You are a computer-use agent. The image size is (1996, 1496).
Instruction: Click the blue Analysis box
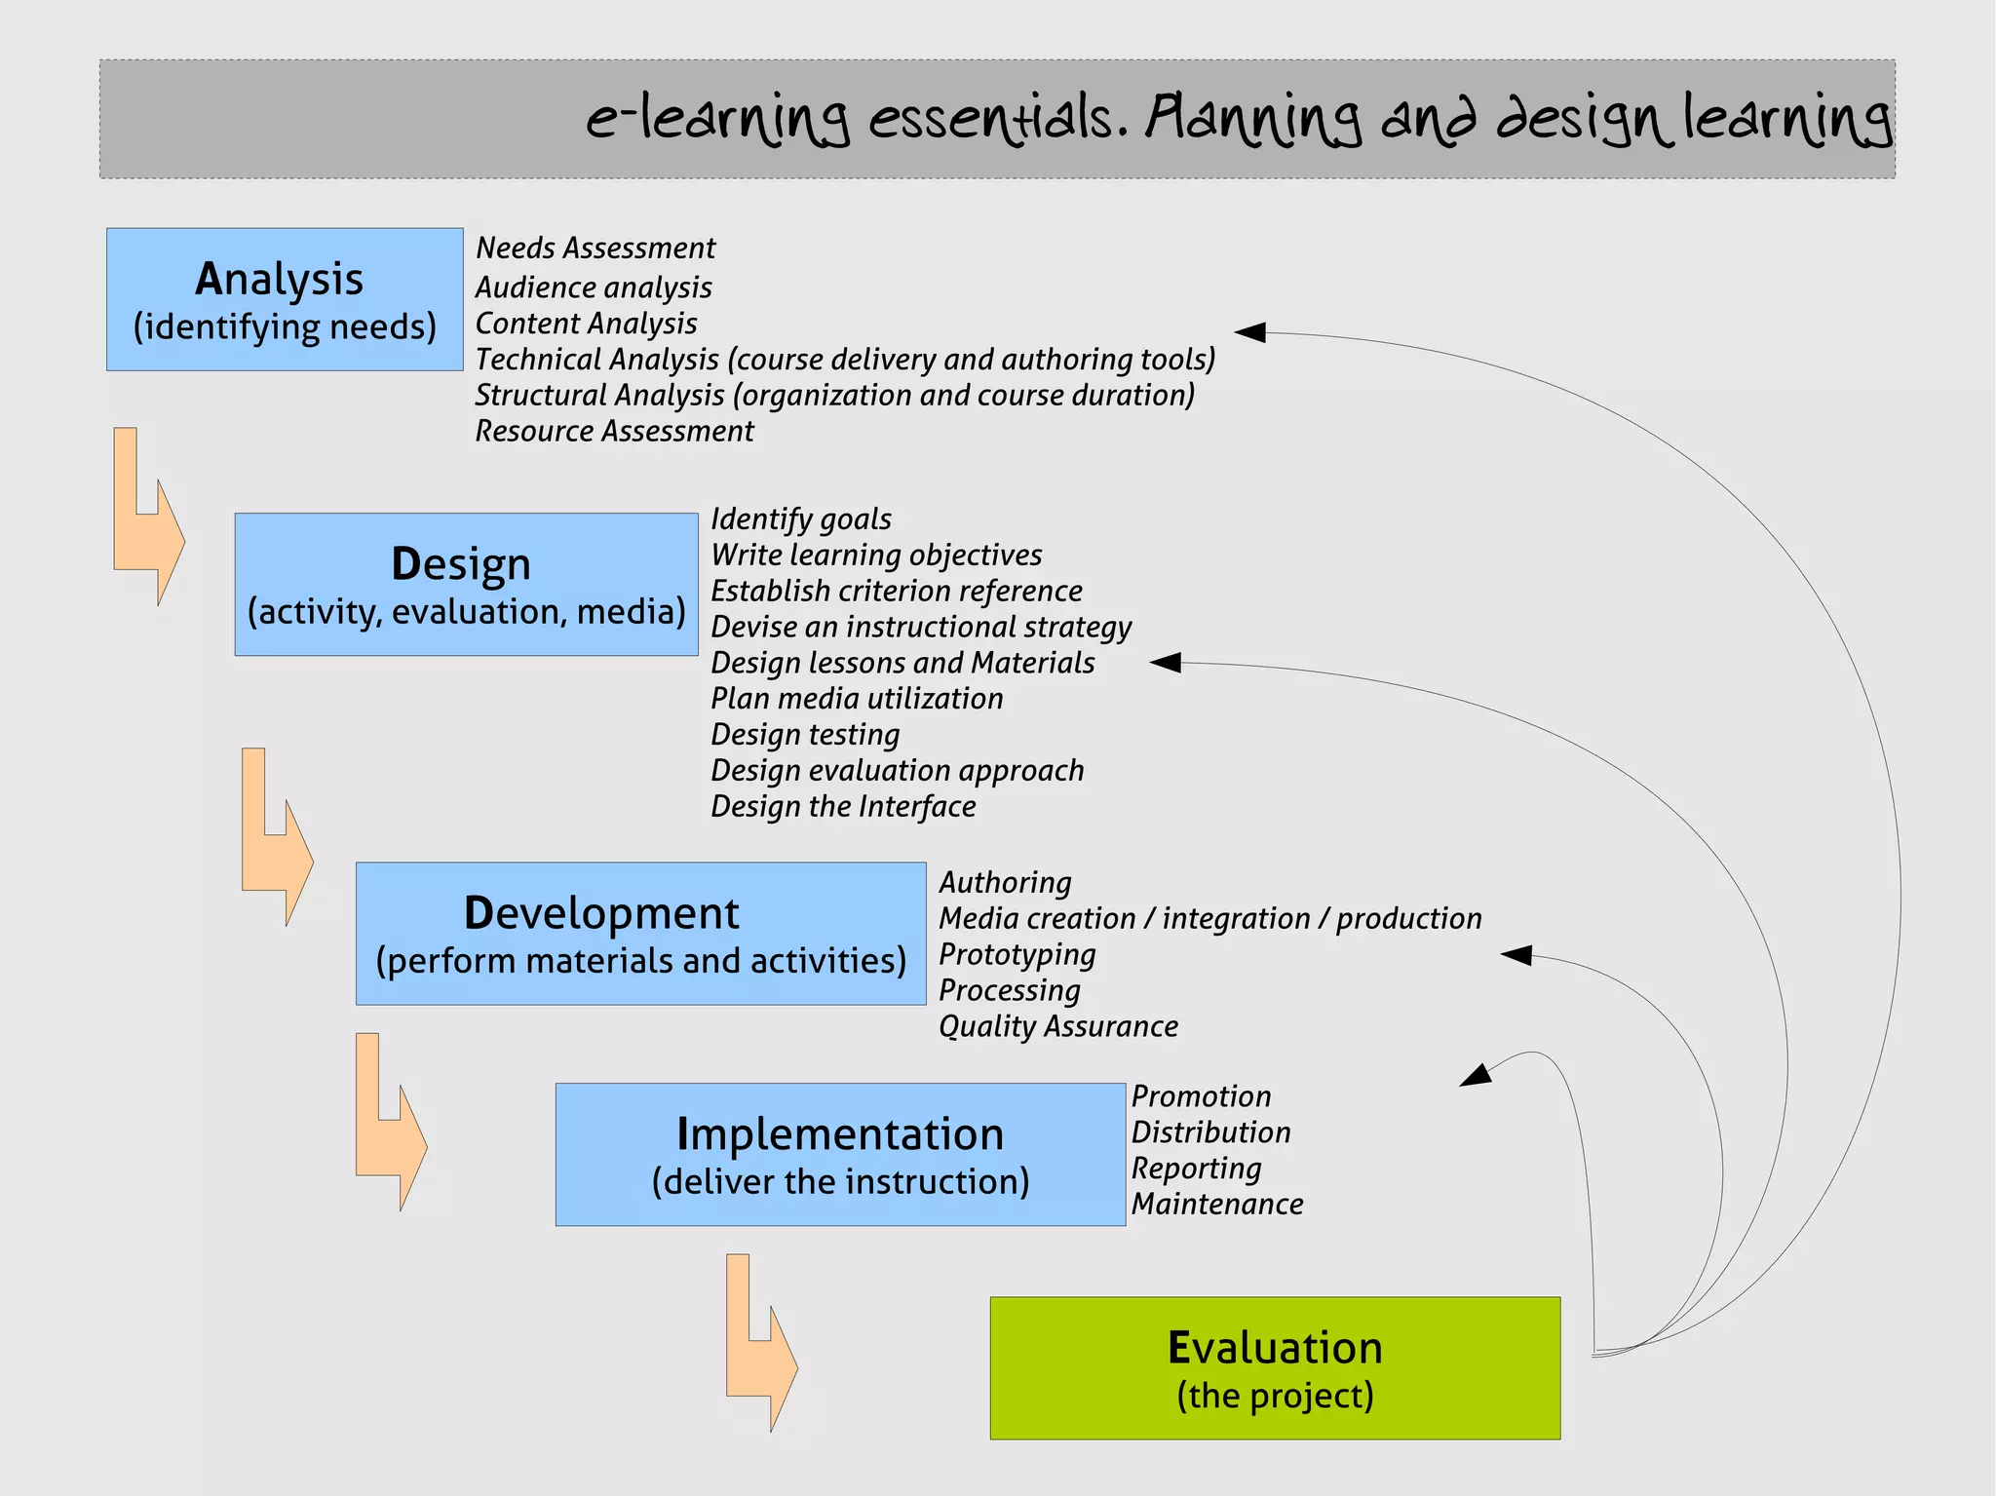tap(284, 299)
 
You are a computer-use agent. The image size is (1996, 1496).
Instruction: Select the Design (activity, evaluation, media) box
tap(466, 584)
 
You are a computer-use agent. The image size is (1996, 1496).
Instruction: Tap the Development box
tap(640, 933)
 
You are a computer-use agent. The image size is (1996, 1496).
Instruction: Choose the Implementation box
tap(840, 1154)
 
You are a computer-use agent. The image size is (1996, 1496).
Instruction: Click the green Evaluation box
tap(1275, 1367)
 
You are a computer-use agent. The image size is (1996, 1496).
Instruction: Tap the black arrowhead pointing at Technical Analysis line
tap(1250, 332)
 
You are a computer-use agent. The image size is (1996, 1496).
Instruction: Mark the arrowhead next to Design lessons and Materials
tap(1166, 663)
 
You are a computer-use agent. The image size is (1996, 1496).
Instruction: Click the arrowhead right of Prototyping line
tap(1516, 955)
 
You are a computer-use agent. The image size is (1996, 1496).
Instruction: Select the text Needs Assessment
tap(595, 249)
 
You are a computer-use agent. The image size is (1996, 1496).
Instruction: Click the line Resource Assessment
tap(614, 431)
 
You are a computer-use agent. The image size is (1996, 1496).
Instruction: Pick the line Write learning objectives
tap(876, 556)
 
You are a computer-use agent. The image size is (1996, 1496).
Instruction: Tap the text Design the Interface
tap(843, 807)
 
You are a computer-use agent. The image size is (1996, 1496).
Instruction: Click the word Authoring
tap(1005, 883)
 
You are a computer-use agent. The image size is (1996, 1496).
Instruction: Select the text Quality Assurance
tap(1058, 1026)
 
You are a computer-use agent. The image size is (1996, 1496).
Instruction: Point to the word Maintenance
tap(1217, 1205)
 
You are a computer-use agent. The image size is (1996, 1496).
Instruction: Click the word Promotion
tap(1201, 1096)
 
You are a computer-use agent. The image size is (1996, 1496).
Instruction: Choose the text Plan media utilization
tap(857, 699)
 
